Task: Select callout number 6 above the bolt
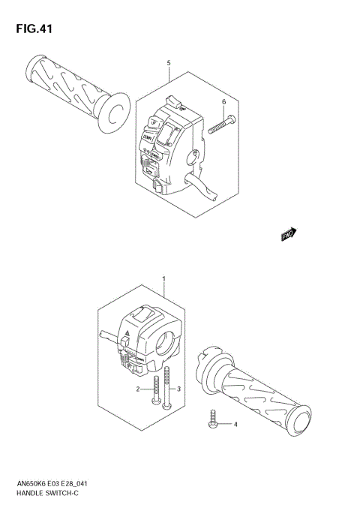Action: pos(223,101)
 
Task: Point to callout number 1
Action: pos(163,279)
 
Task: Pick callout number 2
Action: pos(138,389)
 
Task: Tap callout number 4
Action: pos(234,425)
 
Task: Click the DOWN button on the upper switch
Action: pos(148,139)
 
